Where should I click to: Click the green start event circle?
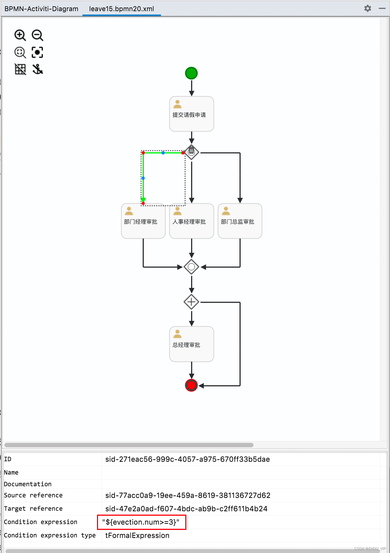191,73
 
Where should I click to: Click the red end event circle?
191,385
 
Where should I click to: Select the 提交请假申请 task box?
192,114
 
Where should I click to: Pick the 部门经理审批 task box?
143,221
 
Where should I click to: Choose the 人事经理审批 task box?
192,221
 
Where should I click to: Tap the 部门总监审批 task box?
240,221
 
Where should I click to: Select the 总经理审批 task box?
192,344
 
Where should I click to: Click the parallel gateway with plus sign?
191,302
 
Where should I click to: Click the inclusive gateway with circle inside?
191,267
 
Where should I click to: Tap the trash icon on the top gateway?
191,150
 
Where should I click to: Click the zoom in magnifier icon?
20,35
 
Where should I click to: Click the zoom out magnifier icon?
37,35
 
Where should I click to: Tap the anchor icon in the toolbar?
37,69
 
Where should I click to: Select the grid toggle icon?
20,69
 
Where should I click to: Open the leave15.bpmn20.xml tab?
121,9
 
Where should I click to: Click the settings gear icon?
368,8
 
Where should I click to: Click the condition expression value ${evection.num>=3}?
141,522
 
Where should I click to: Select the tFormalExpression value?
137,535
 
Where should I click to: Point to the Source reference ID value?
188,495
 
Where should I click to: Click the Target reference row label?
33,509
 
